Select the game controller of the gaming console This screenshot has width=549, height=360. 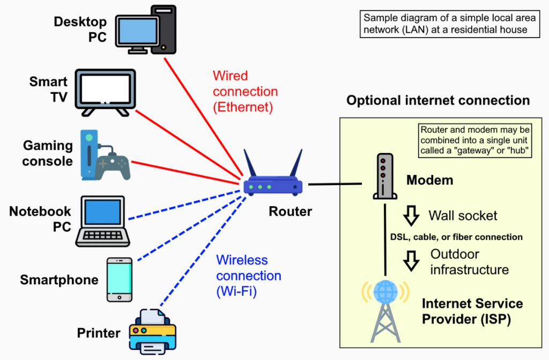tap(113, 165)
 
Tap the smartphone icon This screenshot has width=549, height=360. tap(118, 279)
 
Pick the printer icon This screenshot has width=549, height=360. tap(153, 331)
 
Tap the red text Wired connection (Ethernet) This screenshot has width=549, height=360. tap(245, 91)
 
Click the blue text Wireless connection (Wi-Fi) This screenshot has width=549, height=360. tap(248, 276)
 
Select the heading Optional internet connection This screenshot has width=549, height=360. tap(438, 100)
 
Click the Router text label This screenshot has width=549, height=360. tap(290, 211)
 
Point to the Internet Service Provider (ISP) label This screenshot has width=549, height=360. tap(472, 311)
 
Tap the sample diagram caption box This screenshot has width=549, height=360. tap(450, 23)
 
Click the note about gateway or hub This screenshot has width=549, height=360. tap(475, 141)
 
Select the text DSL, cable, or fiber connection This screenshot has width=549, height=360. tap(456, 237)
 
